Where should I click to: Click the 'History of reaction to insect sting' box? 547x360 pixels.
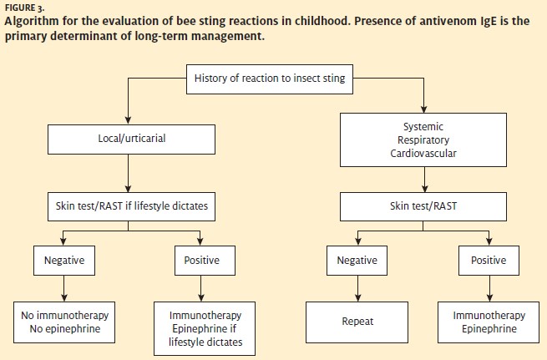pos(270,79)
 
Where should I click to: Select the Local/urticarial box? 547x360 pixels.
pos(131,139)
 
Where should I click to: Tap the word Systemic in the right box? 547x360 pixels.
pos(423,126)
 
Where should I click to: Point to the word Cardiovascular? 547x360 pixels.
pos(423,153)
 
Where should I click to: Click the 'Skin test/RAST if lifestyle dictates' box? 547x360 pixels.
pos(131,206)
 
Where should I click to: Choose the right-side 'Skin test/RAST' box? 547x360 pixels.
pos(423,206)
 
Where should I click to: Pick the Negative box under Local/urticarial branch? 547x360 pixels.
pos(64,261)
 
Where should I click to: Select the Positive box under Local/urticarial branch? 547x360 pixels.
pos(205,261)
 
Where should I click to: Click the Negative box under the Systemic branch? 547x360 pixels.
pos(357,261)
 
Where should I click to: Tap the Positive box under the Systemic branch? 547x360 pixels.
pos(489,261)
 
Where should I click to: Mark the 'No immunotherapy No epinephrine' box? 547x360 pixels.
pos(64,322)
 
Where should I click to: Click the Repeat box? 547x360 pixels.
pos(357,322)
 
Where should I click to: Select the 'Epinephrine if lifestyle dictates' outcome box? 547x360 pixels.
pos(205,328)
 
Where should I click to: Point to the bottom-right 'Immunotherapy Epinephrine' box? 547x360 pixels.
pos(489,322)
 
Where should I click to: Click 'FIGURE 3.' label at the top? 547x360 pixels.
pos(24,8)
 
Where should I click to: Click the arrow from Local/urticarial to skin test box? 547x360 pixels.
pos(128,174)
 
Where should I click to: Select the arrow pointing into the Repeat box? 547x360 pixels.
pos(358,288)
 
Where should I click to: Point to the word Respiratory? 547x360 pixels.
pos(423,139)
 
